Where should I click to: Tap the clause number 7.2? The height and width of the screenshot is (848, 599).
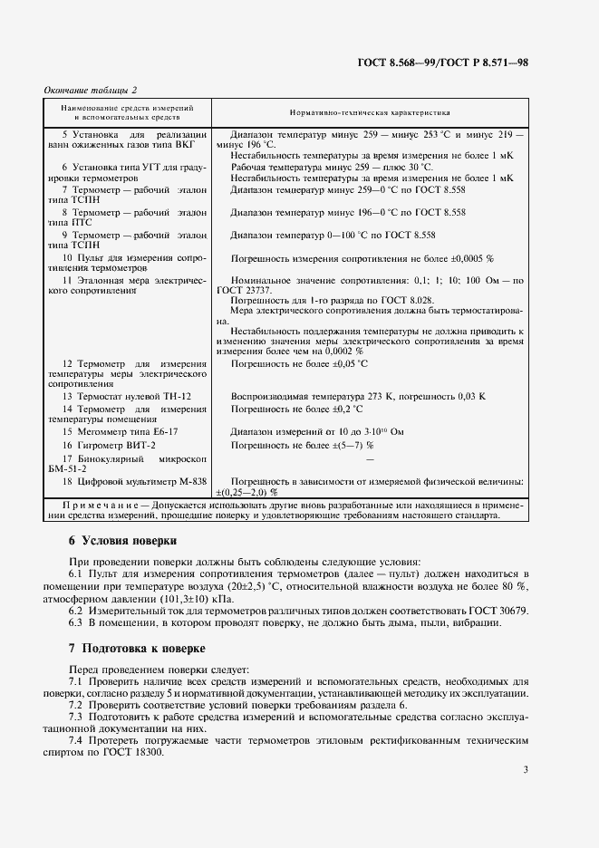click(77, 704)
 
